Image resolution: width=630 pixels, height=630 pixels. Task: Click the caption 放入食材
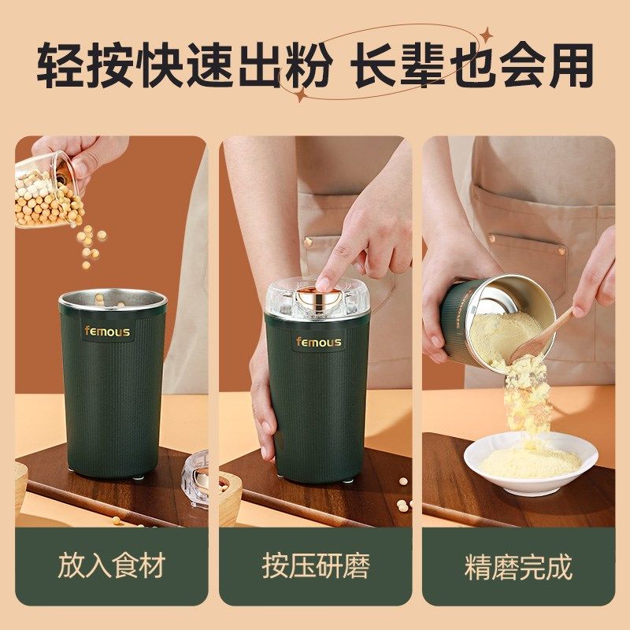point(111,566)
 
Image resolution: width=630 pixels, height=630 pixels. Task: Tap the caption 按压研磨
point(315,566)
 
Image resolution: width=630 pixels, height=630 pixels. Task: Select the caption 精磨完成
point(518,566)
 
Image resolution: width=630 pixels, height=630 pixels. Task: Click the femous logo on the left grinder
point(108,332)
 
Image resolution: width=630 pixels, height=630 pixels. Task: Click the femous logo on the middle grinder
point(318,342)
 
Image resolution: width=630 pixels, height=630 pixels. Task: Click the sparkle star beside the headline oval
point(487,35)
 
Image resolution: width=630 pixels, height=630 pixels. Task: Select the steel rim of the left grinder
point(113,298)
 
